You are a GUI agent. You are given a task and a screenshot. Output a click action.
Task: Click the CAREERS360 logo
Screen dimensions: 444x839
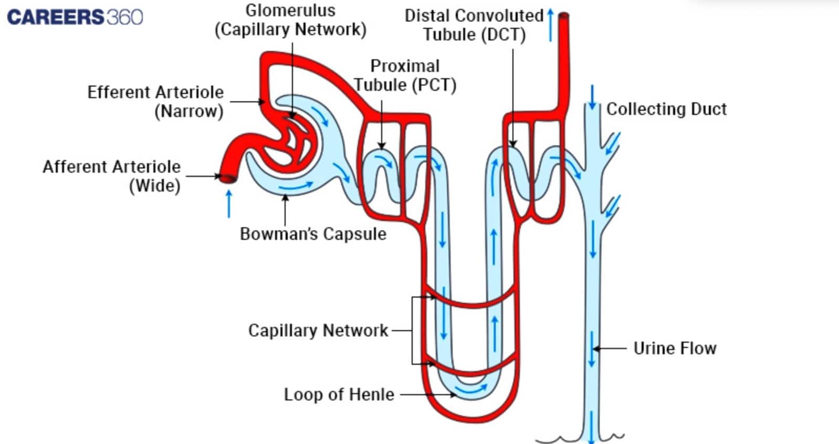75,17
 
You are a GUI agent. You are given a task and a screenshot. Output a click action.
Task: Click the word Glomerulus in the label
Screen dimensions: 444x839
290,10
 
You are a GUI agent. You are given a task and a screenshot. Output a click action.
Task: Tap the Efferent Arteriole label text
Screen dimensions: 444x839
155,92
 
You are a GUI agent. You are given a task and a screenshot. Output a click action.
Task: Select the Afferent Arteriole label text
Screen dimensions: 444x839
111,167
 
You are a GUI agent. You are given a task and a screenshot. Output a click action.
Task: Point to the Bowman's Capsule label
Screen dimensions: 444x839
313,234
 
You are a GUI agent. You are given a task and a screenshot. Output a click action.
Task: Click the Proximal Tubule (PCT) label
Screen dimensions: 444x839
405,76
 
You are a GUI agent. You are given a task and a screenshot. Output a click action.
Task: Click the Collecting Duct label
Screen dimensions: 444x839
666,109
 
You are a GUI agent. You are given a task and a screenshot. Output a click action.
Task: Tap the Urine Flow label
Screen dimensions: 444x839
675,348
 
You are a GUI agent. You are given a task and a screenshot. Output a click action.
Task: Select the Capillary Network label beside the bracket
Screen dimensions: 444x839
318,331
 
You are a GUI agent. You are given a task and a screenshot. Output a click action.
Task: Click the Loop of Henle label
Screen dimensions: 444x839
339,395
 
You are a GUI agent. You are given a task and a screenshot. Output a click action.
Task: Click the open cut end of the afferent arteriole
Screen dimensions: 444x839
227,178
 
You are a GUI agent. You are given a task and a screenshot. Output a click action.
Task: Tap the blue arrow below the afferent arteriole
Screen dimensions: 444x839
229,204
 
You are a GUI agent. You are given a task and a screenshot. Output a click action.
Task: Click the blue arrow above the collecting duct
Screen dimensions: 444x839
592,98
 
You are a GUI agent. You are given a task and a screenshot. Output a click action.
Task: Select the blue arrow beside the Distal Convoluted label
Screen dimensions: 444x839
550,25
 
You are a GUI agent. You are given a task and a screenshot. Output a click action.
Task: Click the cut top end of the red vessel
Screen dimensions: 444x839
564,16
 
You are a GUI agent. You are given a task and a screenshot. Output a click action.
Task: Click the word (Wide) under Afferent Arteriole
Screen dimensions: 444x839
155,186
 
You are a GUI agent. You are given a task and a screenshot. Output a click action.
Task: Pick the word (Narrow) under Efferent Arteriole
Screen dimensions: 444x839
189,111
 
